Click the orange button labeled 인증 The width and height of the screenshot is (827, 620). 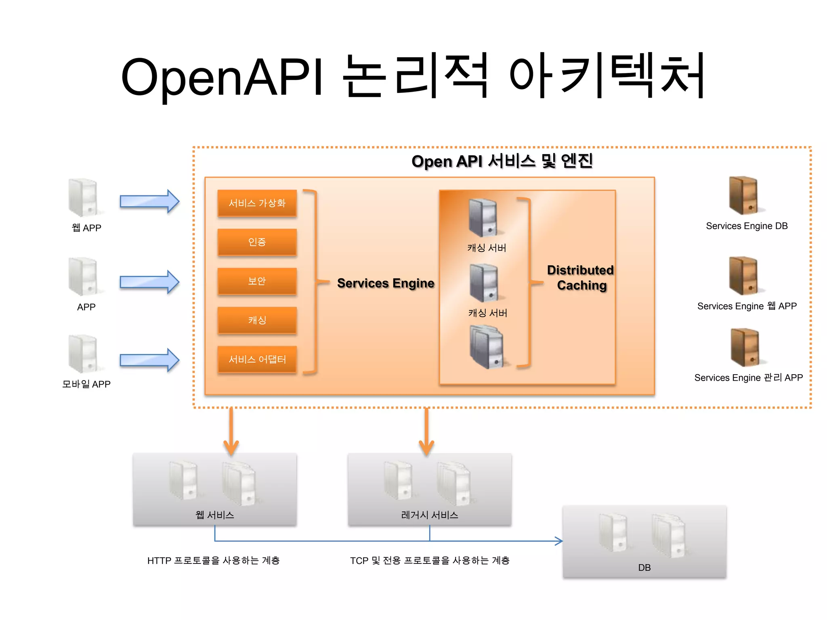tap(257, 242)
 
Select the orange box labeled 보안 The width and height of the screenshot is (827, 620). tap(257, 281)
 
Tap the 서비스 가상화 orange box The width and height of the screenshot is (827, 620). tap(257, 203)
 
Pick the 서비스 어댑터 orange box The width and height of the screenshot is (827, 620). tap(257, 359)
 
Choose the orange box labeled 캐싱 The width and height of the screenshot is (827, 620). tap(257, 320)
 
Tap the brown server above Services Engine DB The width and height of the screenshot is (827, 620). tap(743, 195)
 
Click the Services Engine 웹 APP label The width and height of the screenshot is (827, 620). tap(747, 306)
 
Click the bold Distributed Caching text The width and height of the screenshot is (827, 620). tap(581, 278)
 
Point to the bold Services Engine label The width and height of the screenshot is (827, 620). tap(385, 283)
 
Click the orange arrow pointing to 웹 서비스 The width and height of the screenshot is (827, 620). tap(231, 432)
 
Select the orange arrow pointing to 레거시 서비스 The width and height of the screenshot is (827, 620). tap(426, 432)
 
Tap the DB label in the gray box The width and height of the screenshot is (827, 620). tap(644, 568)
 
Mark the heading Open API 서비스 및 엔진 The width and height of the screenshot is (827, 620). tap(502, 161)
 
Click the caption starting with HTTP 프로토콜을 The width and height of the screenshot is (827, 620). tap(213, 560)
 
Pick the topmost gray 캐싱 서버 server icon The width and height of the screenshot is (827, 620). tap(483, 218)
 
